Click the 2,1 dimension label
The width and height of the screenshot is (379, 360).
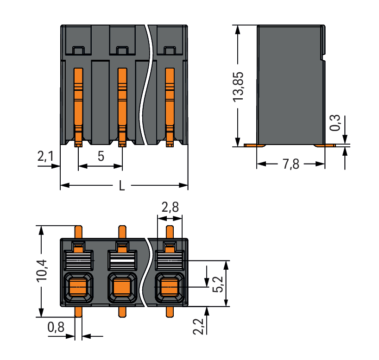click(45, 158)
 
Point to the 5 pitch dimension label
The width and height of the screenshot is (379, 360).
click(101, 157)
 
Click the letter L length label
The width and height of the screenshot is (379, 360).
click(122, 186)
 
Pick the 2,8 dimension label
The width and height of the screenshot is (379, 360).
click(170, 208)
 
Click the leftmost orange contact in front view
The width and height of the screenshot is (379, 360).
click(78, 104)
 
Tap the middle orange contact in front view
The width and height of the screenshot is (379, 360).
click(122, 104)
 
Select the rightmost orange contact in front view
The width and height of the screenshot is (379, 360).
click(170, 104)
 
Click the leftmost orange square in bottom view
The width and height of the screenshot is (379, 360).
click(77, 288)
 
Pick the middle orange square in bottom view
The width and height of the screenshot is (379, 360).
click(122, 288)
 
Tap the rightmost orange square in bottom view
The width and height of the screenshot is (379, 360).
click(170, 288)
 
